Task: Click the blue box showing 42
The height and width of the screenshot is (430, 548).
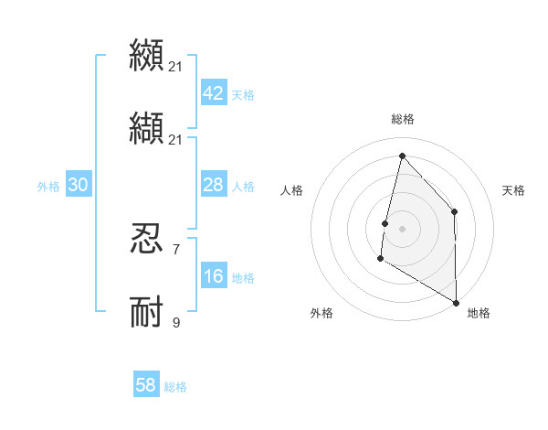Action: pos(214,94)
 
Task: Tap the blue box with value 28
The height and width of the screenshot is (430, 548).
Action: pos(214,186)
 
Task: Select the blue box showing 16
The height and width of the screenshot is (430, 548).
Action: pos(214,277)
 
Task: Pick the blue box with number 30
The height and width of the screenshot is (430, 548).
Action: pos(79,186)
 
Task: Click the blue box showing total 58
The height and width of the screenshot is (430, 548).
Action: pos(146,385)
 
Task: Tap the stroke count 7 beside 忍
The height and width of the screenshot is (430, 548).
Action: pos(176,249)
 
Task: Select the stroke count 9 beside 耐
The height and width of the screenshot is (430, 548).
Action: pos(176,322)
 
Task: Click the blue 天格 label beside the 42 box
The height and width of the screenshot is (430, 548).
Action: pos(243,95)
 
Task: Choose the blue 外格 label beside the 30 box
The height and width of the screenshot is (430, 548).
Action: pos(48,187)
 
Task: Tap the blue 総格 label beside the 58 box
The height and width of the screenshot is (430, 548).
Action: pos(175,387)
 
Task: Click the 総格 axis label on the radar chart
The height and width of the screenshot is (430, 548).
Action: pos(403,119)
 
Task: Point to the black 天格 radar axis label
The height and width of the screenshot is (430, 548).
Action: pos(514,190)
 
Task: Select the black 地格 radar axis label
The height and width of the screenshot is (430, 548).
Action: pos(479,313)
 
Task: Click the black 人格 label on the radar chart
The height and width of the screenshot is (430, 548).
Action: pos(292,190)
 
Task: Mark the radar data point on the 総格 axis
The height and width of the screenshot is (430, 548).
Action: pos(402,156)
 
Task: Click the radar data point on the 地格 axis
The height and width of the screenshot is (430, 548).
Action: pos(456,302)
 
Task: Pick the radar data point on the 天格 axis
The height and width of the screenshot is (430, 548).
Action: pos(454,212)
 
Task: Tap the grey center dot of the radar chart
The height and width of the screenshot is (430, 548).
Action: pos(402,229)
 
